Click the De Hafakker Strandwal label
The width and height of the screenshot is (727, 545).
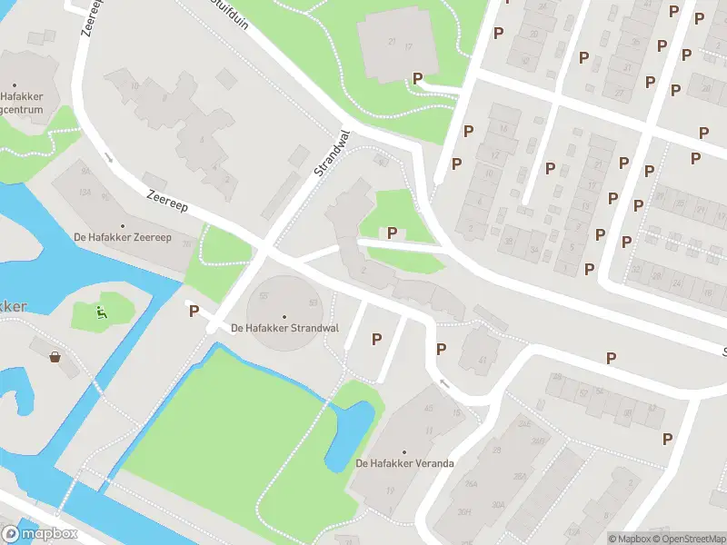pyautogui.click(x=284, y=328)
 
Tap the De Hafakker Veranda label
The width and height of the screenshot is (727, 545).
pyautogui.click(x=404, y=463)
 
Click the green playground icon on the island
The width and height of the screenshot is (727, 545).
pyautogui.click(x=103, y=313)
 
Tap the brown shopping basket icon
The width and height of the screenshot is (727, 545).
pyautogui.click(x=56, y=356)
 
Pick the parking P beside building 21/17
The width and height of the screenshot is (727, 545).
pyautogui.click(x=417, y=79)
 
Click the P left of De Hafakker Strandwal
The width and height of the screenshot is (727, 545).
pyautogui.click(x=193, y=312)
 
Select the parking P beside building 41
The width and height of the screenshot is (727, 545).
pyautogui.click(x=442, y=349)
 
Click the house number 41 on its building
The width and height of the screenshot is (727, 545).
pyautogui.click(x=483, y=361)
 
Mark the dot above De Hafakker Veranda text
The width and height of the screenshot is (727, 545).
pyautogui.click(x=404, y=451)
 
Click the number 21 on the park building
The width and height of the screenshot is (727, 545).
pyautogui.click(x=393, y=41)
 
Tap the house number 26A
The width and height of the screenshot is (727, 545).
pyautogui.click(x=471, y=484)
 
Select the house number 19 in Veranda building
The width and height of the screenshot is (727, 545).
pyautogui.click(x=389, y=490)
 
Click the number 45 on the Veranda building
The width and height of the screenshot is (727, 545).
pyautogui.click(x=428, y=407)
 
